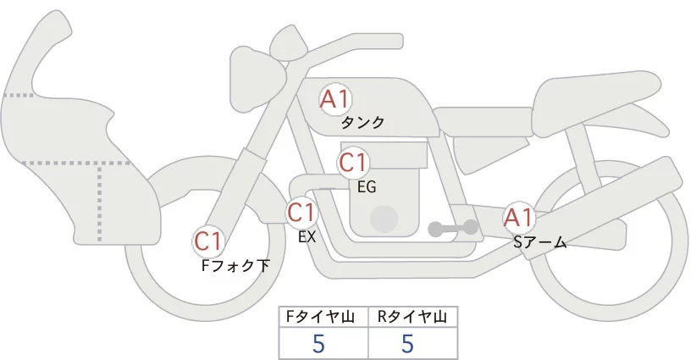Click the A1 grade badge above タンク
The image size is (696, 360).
pos(334,99)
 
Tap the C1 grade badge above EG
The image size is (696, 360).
pos(353,162)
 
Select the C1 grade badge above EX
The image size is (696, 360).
pos(302,211)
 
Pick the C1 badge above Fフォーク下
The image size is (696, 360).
pos(208,241)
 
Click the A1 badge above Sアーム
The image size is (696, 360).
pos(518,218)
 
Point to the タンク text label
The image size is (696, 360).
pos(362,123)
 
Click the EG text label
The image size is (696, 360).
pos(367,186)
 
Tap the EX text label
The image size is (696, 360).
pos(307,237)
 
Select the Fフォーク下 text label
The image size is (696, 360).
pos(235,266)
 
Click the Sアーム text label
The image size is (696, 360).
pos(539,243)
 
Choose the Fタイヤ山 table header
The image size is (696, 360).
pos(324,317)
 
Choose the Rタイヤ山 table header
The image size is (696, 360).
pos(412,317)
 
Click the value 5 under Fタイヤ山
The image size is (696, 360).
pos(318,344)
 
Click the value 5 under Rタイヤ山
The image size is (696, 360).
pos(406,344)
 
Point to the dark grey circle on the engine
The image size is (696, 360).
pos(385,218)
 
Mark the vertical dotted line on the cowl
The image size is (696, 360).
pos(101,199)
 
